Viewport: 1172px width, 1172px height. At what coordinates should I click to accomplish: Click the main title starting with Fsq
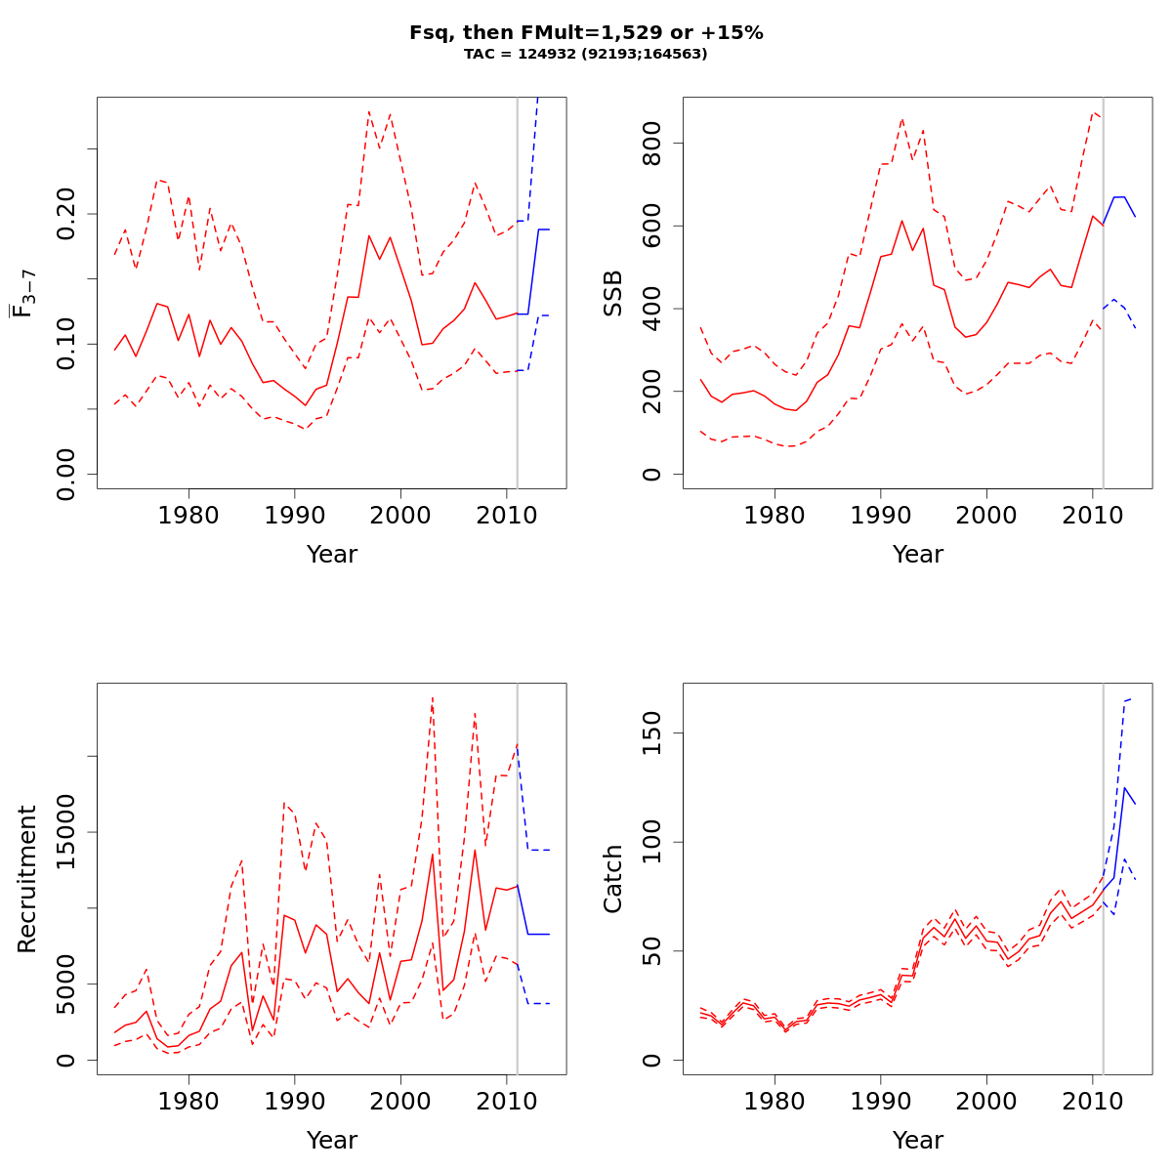pos(586,32)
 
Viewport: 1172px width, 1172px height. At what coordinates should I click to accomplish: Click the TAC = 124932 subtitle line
pos(586,54)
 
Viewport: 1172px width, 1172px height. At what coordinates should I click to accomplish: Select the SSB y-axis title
pos(613,293)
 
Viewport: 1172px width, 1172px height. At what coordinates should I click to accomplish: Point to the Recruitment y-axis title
pos(27,879)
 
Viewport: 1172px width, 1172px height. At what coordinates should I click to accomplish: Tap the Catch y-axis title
pos(613,879)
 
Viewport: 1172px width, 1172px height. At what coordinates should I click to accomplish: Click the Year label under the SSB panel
pos(918,555)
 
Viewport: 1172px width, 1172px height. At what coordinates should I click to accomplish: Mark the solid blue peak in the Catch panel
pos(1125,788)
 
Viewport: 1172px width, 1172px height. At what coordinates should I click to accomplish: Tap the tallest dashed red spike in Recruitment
pos(432,697)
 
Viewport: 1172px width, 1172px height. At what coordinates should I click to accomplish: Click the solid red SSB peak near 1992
pos(902,221)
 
